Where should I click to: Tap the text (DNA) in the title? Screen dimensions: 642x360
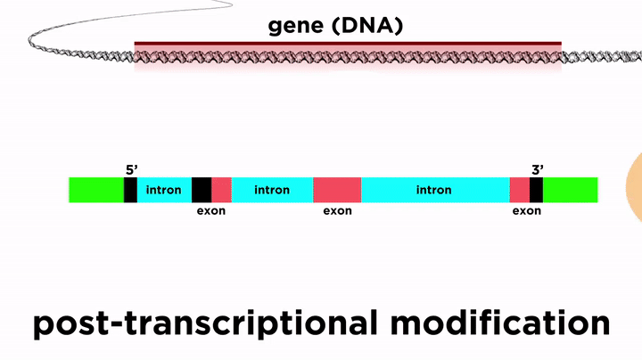point(367,26)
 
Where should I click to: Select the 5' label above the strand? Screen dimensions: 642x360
point(131,170)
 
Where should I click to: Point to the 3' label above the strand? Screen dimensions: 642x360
point(538,170)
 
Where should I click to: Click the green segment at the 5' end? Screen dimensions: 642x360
point(96,190)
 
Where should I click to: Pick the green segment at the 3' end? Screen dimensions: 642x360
point(571,190)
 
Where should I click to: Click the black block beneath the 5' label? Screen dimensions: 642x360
point(130,190)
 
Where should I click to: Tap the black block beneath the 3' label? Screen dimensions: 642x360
point(537,190)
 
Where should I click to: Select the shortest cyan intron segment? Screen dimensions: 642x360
point(164,190)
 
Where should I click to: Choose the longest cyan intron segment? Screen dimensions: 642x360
point(436,190)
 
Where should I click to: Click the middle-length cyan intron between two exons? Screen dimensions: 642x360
point(272,190)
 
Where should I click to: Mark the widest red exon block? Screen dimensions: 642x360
point(337,190)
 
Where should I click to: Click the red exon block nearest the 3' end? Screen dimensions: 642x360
point(520,190)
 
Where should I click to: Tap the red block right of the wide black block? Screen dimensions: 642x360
point(221,190)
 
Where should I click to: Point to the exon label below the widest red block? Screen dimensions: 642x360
point(337,211)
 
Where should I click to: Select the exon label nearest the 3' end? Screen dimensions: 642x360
point(527,211)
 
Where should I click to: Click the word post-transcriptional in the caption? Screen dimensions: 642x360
point(205,324)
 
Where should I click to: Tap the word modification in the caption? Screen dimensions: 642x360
point(500,323)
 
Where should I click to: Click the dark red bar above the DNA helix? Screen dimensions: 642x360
point(348,44)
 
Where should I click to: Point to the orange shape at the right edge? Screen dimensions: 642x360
point(635,187)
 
